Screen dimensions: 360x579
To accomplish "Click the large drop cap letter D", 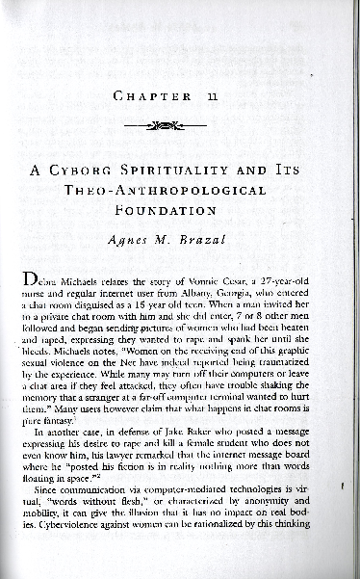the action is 33,280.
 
